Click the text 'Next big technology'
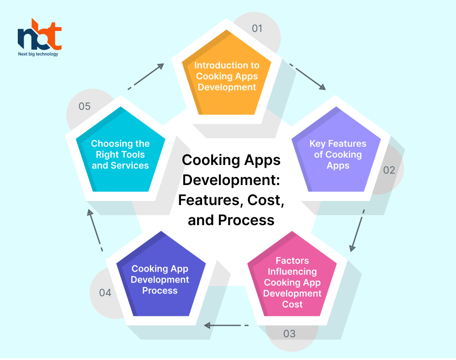tap(38, 54)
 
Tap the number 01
tap(257, 28)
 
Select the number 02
tap(389, 170)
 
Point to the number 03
tap(290, 334)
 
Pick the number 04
tap(105, 293)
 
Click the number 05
tap(84, 106)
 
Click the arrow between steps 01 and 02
tap(308, 77)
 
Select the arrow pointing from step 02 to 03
tap(357, 231)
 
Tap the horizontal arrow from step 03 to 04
tap(226, 325)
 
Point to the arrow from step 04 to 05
tap(95, 230)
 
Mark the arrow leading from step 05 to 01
tap(146, 77)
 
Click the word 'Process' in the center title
tap(246, 220)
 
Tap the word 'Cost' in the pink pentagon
tap(292, 304)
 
